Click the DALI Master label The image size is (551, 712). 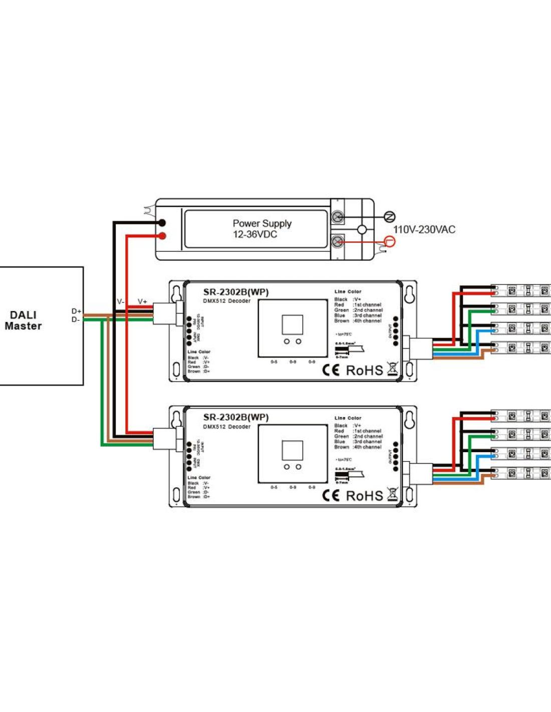(23, 320)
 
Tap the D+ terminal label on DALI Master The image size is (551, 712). (76, 311)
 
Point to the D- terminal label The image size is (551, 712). (76, 319)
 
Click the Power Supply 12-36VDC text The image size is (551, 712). (261, 229)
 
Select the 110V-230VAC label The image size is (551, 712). (424, 230)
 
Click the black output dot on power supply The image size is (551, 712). (162, 223)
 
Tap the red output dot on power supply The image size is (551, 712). (162, 236)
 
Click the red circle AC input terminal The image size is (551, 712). (389, 242)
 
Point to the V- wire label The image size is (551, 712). (121, 301)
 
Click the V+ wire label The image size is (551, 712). (142, 301)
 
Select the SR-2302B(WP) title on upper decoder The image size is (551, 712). (235, 292)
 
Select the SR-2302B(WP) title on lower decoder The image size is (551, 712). (235, 417)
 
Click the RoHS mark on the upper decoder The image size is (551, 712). (364, 371)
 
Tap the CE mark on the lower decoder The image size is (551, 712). (331, 496)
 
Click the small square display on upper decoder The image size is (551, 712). (292, 324)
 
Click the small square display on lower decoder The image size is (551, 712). (292, 450)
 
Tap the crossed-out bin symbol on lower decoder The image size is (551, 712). (392, 495)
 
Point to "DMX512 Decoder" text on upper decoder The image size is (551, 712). (226, 301)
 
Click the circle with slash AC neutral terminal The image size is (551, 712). (389, 216)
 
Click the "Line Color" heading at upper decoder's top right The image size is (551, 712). (348, 291)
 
